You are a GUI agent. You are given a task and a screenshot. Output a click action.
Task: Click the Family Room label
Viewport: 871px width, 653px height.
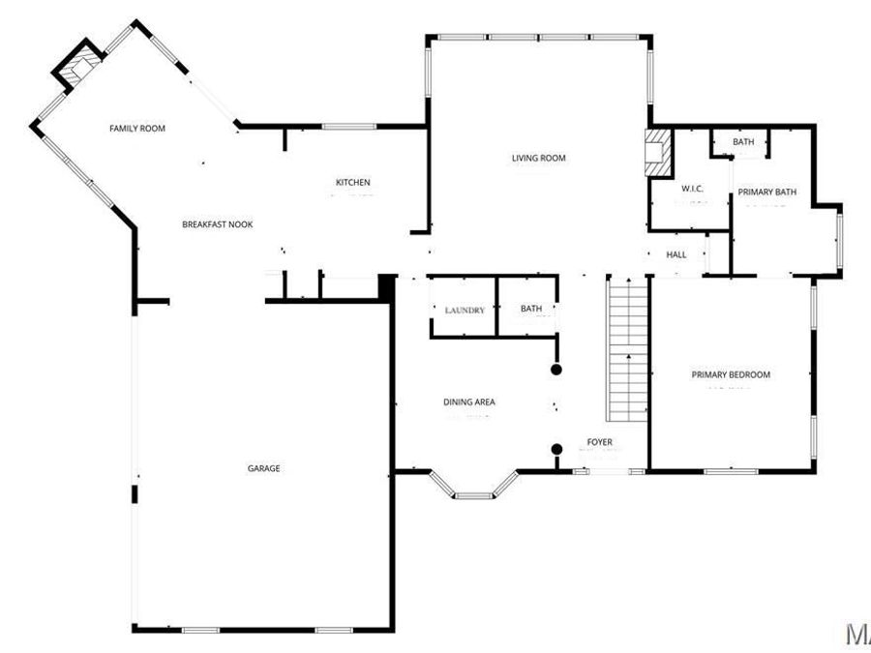coord(136,129)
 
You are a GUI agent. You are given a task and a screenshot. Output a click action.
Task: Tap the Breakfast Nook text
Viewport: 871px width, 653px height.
coord(217,224)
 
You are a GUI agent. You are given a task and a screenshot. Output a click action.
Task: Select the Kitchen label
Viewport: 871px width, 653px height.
coord(352,183)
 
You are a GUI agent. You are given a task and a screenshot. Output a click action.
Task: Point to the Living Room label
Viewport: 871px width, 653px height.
coord(538,158)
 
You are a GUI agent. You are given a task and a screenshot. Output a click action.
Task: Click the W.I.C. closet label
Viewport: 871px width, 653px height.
coord(691,189)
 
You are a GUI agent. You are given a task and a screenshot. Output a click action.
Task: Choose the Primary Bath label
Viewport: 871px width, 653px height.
coord(766,192)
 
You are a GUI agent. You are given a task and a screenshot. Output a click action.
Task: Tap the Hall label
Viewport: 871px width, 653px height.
coord(676,255)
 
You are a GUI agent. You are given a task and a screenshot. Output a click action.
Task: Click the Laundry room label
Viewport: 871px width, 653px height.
coord(465,310)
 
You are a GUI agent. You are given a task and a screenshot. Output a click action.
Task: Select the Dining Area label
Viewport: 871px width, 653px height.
coord(469,401)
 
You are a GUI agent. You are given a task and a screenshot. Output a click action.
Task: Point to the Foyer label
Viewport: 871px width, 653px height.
coord(599,443)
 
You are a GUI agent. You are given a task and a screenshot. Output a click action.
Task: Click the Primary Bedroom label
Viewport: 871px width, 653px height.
coord(731,374)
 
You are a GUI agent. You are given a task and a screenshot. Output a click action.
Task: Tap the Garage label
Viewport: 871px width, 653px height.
coord(263,468)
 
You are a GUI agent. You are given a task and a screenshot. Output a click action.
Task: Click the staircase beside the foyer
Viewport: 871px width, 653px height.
coord(627,348)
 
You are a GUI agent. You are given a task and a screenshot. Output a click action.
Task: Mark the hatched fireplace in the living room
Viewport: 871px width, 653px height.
coord(658,153)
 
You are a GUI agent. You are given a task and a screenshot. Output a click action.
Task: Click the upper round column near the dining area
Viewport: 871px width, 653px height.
coord(556,370)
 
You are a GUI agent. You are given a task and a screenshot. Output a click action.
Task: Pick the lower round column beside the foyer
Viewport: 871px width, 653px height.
coord(556,448)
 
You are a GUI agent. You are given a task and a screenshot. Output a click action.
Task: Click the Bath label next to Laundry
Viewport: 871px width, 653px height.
coord(531,310)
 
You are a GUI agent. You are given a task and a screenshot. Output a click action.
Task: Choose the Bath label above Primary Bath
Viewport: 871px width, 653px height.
coord(743,142)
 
